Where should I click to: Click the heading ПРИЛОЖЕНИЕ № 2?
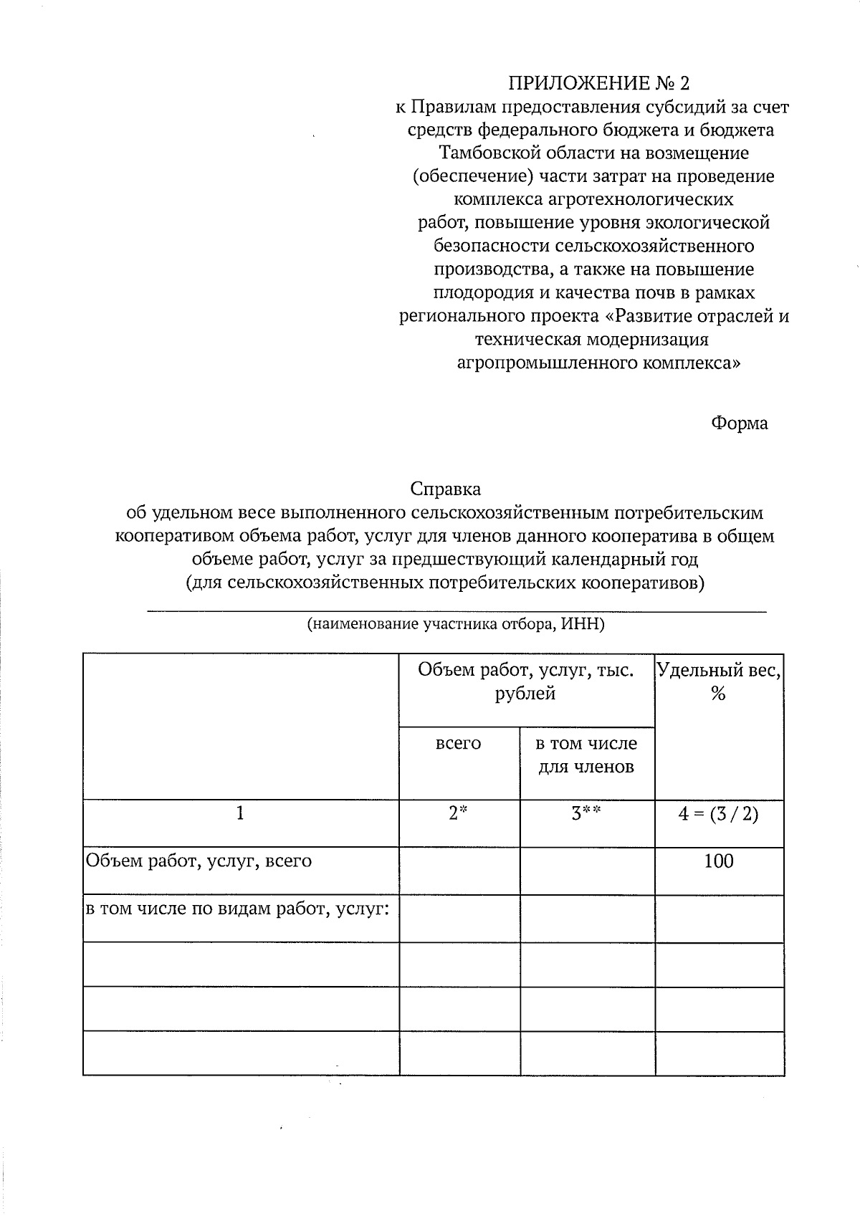pyautogui.click(x=598, y=84)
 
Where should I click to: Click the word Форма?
pyautogui.click(x=739, y=423)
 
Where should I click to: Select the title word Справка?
pyautogui.click(x=445, y=489)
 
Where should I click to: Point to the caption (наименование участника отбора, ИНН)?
pyautogui.click(x=456, y=624)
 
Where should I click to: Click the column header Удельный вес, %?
pyautogui.click(x=719, y=681)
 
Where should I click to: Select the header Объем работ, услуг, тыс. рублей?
pyautogui.click(x=526, y=681)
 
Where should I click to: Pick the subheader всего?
pyautogui.click(x=459, y=744)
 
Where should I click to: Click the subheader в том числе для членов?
pyautogui.click(x=586, y=755)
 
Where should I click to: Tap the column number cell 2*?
pyautogui.click(x=458, y=814)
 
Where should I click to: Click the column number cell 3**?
pyautogui.click(x=586, y=814)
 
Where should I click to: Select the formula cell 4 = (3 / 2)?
pyautogui.click(x=719, y=814)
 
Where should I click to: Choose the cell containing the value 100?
pyautogui.click(x=719, y=861)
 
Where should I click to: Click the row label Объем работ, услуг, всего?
pyautogui.click(x=199, y=861)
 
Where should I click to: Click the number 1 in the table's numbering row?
pyautogui.click(x=240, y=814)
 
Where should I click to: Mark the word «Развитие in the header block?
pyautogui.click(x=648, y=316)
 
